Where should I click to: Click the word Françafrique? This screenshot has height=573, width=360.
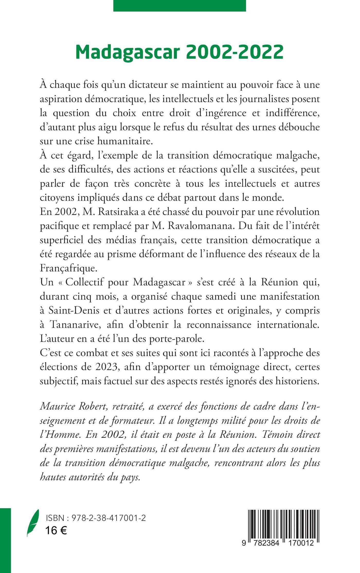[x=69, y=268]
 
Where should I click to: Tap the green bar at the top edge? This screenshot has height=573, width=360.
[x=179, y=5]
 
